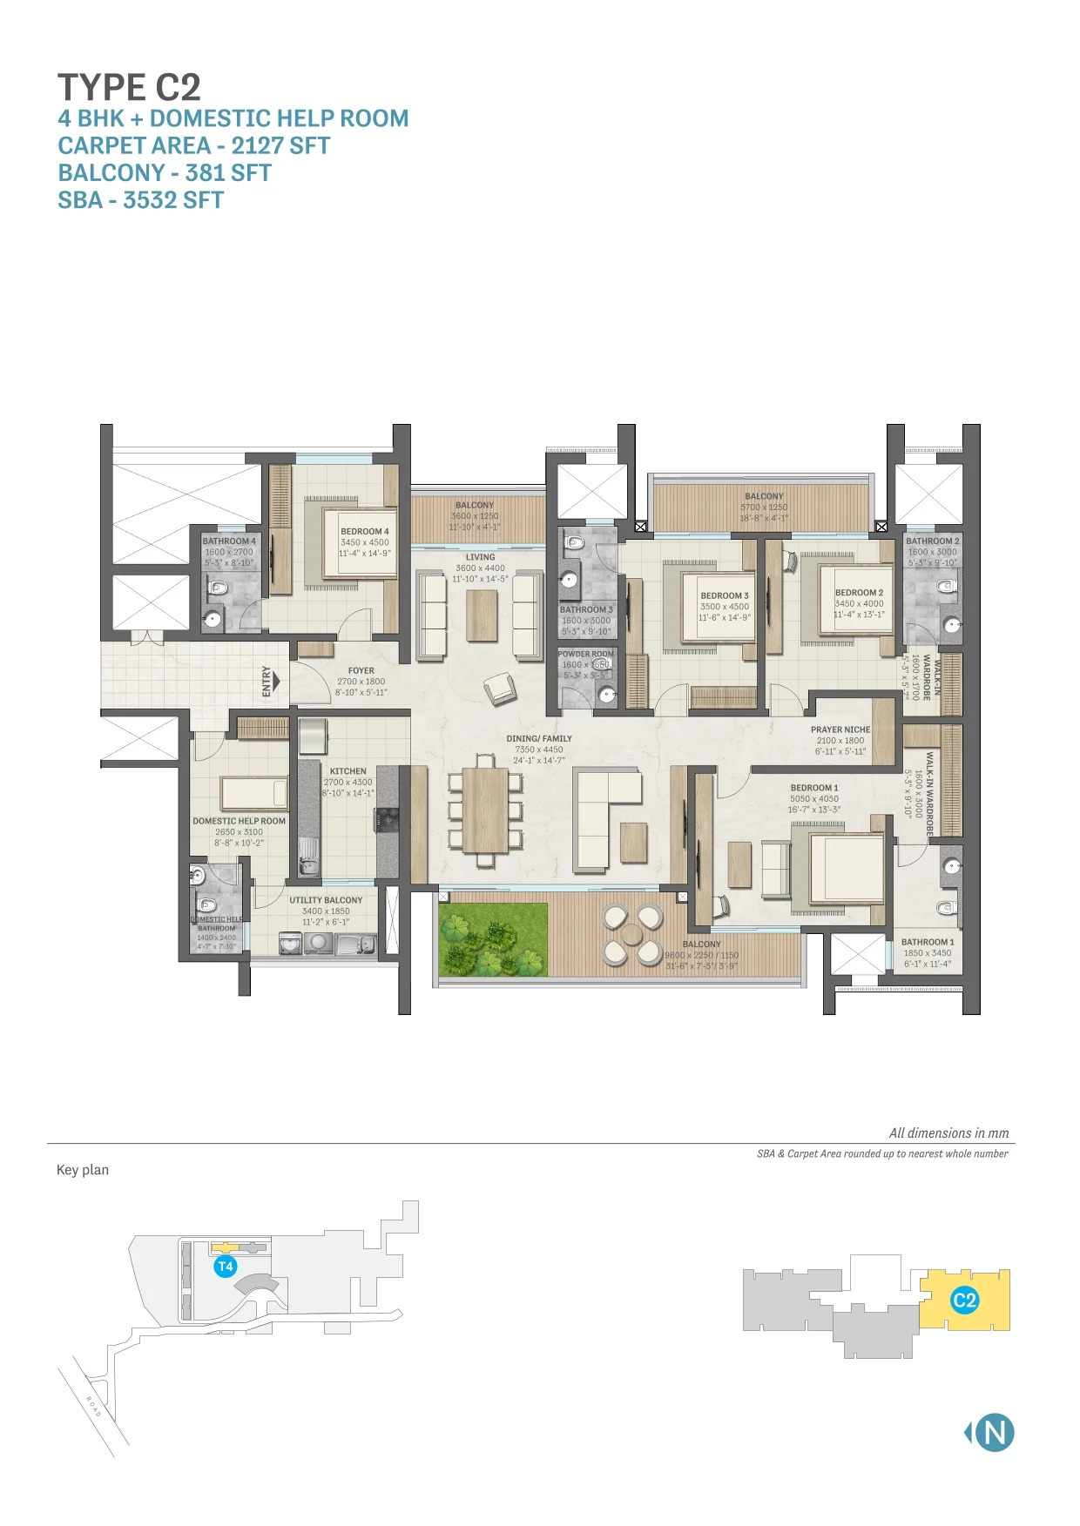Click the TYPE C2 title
tap(129, 88)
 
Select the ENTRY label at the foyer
tap(267, 681)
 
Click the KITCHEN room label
tap(348, 771)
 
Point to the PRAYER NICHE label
tap(840, 729)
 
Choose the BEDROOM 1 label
tap(813, 788)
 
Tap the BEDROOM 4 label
tap(364, 531)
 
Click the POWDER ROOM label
tap(585, 654)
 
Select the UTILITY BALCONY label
tap(326, 900)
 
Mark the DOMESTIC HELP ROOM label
tap(239, 821)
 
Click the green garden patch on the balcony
tap(494, 939)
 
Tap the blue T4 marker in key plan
tap(226, 1267)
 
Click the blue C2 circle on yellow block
tap(964, 1301)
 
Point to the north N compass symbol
tap(993, 1432)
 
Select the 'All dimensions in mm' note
tap(948, 1133)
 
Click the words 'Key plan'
tap(83, 1170)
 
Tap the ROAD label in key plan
tap(94, 1407)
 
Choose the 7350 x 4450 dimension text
tap(539, 750)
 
